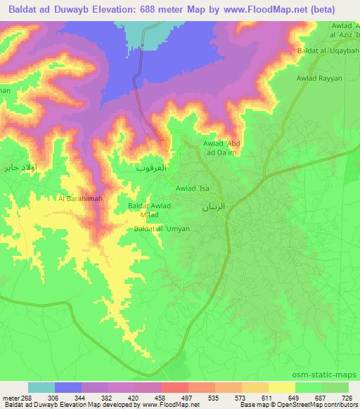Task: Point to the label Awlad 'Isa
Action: pyautogui.click(x=193, y=188)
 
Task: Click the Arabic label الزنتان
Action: pyautogui.click(x=214, y=208)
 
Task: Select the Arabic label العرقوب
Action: pyautogui.click(x=150, y=169)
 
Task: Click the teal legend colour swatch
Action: pyautogui.click(x=41, y=387)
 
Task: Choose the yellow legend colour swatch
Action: pyautogui.click(x=281, y=387)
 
